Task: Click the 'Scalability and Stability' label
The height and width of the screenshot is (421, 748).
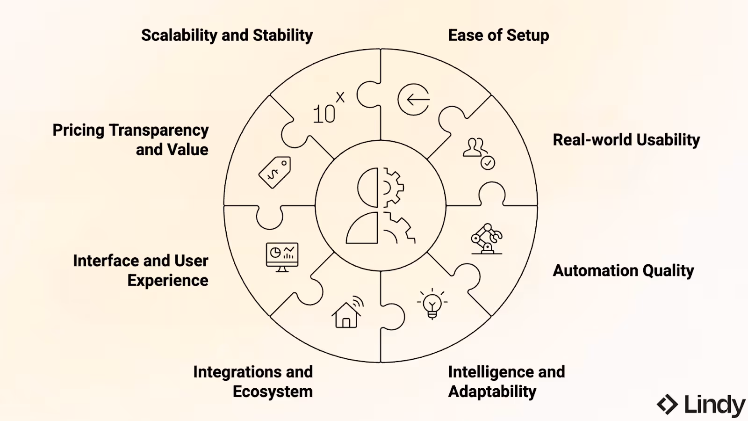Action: tap(227, 36)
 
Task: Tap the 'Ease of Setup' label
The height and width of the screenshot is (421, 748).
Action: tap(498, 36)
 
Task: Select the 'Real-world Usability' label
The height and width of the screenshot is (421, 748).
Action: tap(626, 140)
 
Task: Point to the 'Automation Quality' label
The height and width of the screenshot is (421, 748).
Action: tap(623, 271)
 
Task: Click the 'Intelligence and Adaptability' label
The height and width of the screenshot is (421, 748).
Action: tap(506, 382)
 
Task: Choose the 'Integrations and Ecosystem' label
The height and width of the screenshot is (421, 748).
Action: tap(253, 382)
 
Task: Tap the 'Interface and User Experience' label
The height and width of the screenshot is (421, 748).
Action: tap(141, 271)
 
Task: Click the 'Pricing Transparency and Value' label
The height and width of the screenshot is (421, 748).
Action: tap(130, 140)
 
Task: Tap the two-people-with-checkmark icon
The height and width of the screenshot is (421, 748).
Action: tap(479, 154)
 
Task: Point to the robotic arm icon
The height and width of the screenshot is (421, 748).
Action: tap(487, 239)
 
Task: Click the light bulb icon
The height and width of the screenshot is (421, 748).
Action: tap(432, 304)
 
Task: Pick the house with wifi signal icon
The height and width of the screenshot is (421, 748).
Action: tap(348, 312)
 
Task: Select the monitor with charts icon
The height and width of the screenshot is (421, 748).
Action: tap(282, 257)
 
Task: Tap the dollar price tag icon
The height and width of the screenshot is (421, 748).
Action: tap(275, 173)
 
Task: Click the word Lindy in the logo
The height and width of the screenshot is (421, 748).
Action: tap(715, 405)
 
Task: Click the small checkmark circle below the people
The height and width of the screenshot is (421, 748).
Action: tap(488, 163)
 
